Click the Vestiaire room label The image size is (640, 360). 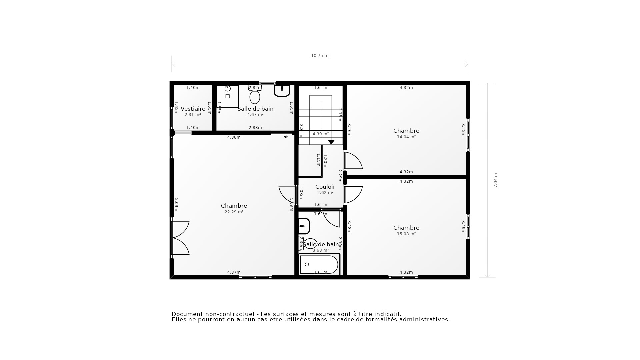coord(193,109)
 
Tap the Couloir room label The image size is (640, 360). coord(325,187)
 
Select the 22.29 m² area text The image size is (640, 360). coord(234,212)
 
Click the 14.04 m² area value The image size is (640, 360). coord(406,137)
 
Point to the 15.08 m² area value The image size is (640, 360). coord(406,234)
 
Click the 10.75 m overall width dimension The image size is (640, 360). coord(320,56)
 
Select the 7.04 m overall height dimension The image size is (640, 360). coord(495,180)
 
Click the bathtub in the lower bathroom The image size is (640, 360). coord(319,264)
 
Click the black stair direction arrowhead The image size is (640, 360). coord(331,142)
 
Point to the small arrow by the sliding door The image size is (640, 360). coord(286,137)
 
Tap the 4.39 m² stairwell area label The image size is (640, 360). coord(321,134)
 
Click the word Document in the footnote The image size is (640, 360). coord(187,314)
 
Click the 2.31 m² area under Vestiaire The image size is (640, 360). coord(193,115)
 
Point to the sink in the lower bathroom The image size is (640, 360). coord(304,226)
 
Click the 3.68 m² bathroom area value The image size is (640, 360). coord(321,250)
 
